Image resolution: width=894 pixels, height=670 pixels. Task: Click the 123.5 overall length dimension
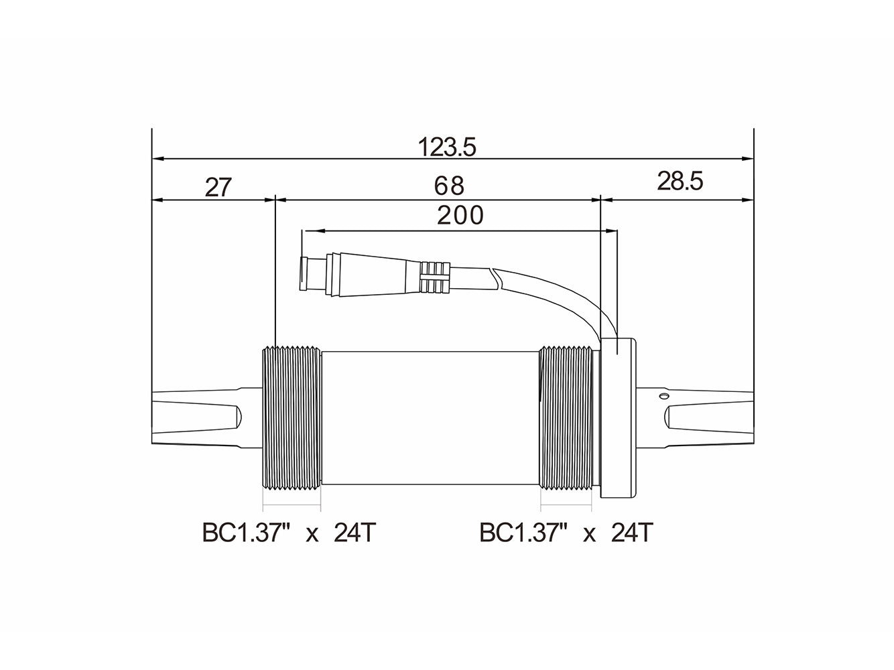(446, 147)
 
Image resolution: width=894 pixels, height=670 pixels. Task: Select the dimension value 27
(218, 187)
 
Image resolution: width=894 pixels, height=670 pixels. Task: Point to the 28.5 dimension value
(680, 181)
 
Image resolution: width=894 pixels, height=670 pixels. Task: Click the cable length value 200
(460, 216)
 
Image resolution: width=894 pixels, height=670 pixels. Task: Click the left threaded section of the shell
(290, 418)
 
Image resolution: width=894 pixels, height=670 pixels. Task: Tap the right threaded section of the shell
(567, 418)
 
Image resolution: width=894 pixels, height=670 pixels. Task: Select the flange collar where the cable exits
(618, 418)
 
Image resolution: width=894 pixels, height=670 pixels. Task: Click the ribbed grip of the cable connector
(435, 276)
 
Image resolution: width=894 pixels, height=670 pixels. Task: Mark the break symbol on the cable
(495, 276)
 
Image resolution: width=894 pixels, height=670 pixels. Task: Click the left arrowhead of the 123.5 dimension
(158, 159)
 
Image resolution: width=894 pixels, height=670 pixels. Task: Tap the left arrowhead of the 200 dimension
(309, 231)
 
